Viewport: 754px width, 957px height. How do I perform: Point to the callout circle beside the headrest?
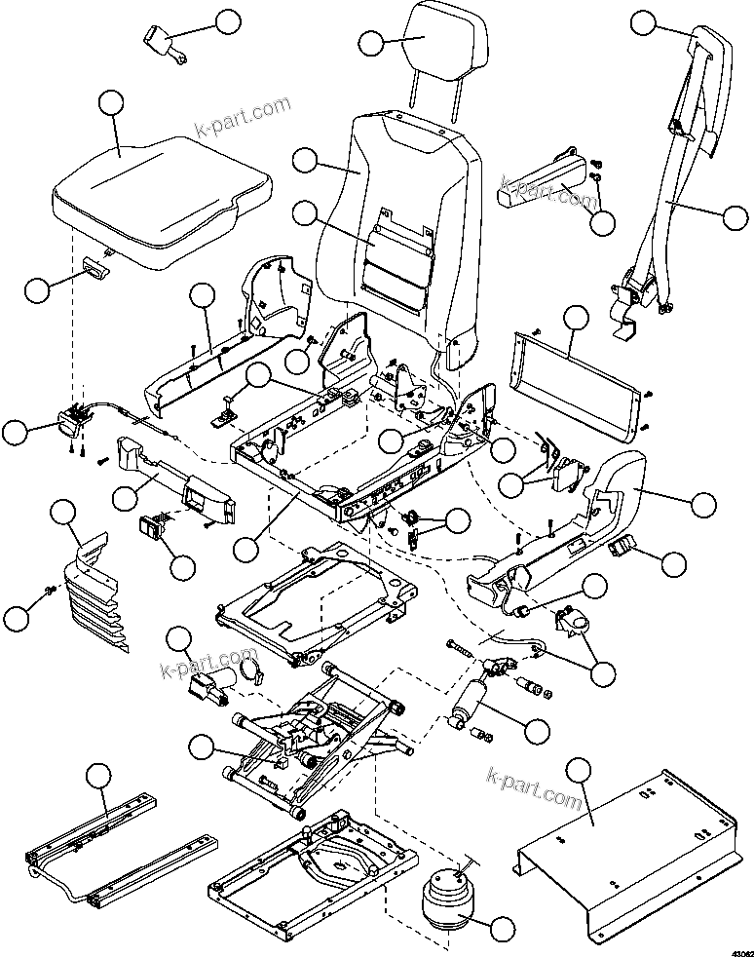(371, 43)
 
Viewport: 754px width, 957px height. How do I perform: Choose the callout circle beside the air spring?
(503, 930)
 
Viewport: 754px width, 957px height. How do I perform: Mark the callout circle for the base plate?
(579, 770)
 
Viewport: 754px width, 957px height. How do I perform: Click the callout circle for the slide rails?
(97, 777)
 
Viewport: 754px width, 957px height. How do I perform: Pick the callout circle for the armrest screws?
(603, 222)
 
